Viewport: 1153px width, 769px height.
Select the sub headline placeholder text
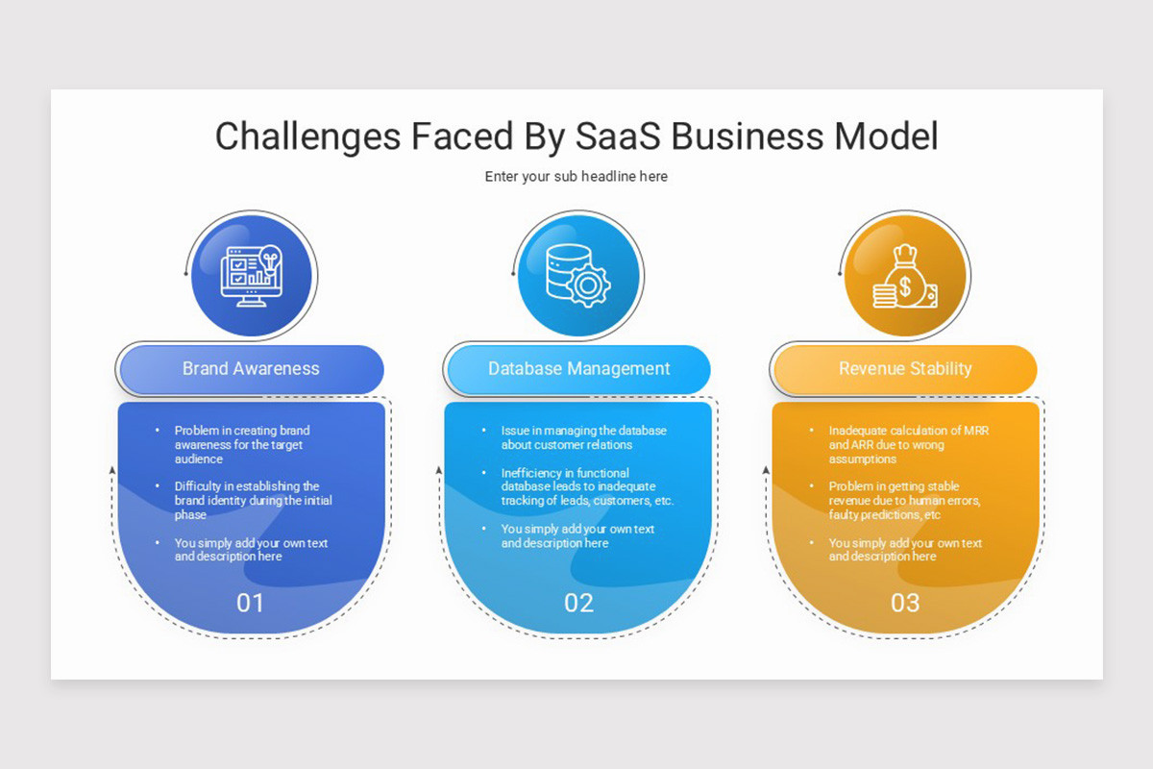click(x=576, y=177)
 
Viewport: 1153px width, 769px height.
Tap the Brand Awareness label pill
click(x=251, y=368)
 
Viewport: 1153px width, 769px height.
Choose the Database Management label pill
click(x=578, y=368)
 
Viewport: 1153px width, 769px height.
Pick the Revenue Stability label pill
click(x=905, y=368)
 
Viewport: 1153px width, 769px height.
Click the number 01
click(x=250, y=603)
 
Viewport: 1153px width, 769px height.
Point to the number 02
click(x=578, y=603)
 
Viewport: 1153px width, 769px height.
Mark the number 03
click(x=905, y=603)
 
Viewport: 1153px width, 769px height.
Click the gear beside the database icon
click(x=588, y=285)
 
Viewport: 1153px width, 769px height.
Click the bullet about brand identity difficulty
click(x=254, y=501)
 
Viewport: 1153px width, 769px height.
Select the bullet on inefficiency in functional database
click(x=587, y=486)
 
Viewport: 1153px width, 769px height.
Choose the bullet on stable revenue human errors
click(x=904, y=501)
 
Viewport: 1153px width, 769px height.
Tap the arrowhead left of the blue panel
click(x=112, y=470)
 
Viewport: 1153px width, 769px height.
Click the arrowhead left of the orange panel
click(x=767, y=470)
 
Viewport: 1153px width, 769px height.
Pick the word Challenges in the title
click(x=307, y=136)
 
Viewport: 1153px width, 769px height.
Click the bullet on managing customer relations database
click(x=583, y=437)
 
